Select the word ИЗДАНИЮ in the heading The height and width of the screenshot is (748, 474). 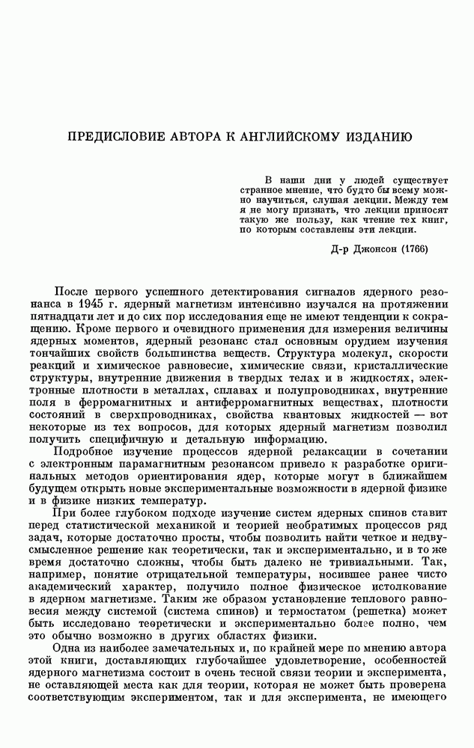(374, 138)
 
